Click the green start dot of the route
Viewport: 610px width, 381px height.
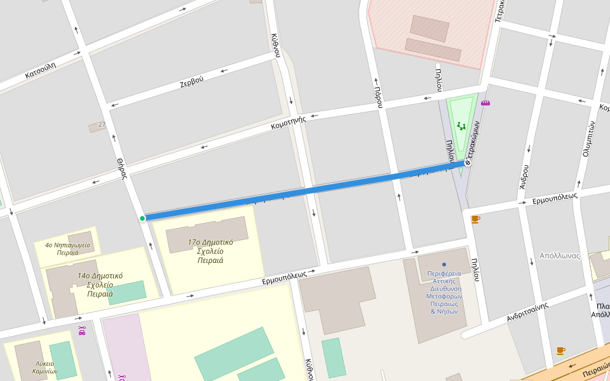142,218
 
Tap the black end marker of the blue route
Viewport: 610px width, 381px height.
468,163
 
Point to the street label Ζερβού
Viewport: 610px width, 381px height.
191,81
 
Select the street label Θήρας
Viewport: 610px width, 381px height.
123,168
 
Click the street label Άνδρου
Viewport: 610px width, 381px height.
524,177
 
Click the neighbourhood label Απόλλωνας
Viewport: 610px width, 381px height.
559,256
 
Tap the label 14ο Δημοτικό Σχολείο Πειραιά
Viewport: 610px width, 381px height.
100,284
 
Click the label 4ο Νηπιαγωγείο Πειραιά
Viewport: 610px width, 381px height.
67,248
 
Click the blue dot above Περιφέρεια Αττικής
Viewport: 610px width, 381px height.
444,264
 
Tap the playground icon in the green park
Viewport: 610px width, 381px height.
461,126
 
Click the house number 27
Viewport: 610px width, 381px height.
102,124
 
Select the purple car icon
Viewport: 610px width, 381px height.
82,330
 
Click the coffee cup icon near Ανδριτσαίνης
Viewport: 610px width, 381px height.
560,350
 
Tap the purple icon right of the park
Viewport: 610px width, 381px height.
485,103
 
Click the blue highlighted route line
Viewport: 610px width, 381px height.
305,190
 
